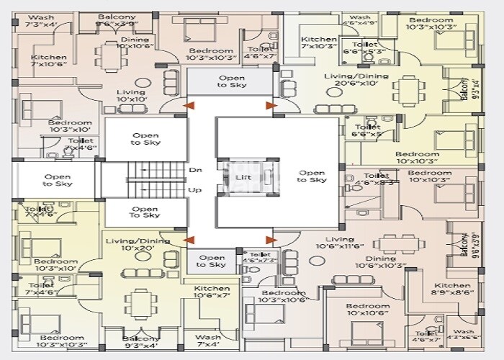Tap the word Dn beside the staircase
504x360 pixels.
click(195, 171)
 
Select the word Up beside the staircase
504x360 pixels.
click(195, 190)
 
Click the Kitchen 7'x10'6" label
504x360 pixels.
click(49, 61)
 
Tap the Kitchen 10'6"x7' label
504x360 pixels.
click(212, 292)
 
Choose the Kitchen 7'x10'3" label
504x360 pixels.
click(318, 43)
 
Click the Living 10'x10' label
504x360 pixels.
click(130, 96)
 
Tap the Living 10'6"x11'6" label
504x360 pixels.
click(339, 243)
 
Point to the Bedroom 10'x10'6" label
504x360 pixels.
click(366, 309)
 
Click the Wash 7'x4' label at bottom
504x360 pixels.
click(208, 341)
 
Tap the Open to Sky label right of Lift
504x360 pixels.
click(311, 176)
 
